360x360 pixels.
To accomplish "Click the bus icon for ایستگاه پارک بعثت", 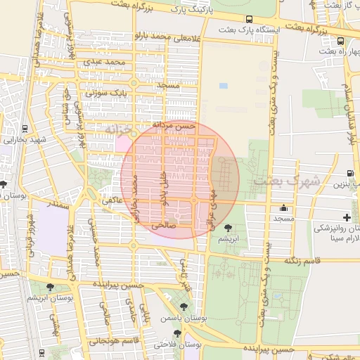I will [249, 20].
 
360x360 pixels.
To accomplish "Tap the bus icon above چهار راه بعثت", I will [341, 41].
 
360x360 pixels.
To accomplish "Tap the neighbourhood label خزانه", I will [117, 130].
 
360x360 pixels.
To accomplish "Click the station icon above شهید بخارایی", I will [25, 129].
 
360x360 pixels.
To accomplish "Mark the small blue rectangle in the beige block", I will [224, 86].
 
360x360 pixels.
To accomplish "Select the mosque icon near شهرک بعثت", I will [283, 208].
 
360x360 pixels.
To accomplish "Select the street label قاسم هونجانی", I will [109, 340].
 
